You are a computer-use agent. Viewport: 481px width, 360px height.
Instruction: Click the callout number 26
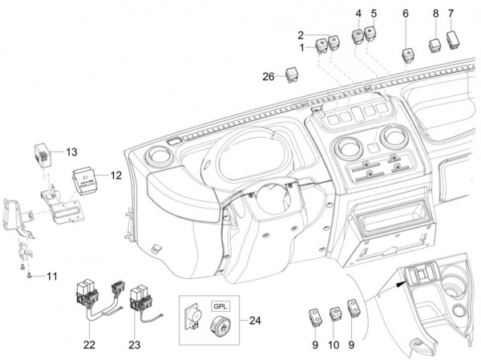coord(269,76)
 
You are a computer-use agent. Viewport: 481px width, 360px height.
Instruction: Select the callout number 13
coord(71,152)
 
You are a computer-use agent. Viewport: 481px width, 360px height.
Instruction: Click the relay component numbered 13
coord(43,151)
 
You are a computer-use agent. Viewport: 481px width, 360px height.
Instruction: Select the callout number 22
coord(87,345)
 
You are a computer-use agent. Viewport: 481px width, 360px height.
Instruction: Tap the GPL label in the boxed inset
coord(220,306)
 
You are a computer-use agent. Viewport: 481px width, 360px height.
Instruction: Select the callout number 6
coord(405,14)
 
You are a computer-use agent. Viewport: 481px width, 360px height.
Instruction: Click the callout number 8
coord(435,14)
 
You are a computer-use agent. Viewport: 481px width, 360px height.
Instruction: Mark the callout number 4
coord(358,14)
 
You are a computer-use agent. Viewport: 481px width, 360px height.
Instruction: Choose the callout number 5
coord(373,14)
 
